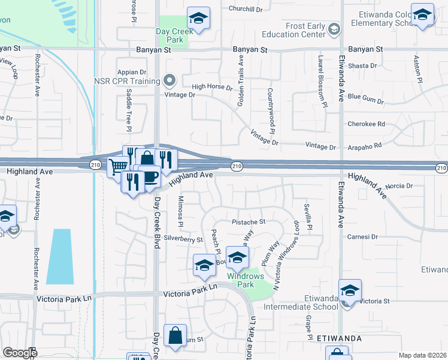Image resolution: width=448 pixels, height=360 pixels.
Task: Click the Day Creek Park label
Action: [x=171, y=35]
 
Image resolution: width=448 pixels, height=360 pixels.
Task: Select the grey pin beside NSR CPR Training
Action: [x=169, y=80]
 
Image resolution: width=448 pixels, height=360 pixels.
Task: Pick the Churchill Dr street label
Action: [x=246, y=9]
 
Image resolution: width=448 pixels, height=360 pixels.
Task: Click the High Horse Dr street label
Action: [x=212, y=87]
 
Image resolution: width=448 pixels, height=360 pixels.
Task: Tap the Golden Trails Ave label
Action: [x=241, y=82]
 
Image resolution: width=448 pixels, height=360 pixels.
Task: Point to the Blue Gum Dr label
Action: [x=362, y=97]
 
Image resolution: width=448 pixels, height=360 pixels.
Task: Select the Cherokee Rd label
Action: [x=366, y=124]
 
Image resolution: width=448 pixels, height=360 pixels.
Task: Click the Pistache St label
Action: [x=248, y=221]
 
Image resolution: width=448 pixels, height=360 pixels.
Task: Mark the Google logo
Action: [x=20, y=353]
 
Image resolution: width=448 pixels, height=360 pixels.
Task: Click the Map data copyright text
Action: [x=423, y=355]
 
